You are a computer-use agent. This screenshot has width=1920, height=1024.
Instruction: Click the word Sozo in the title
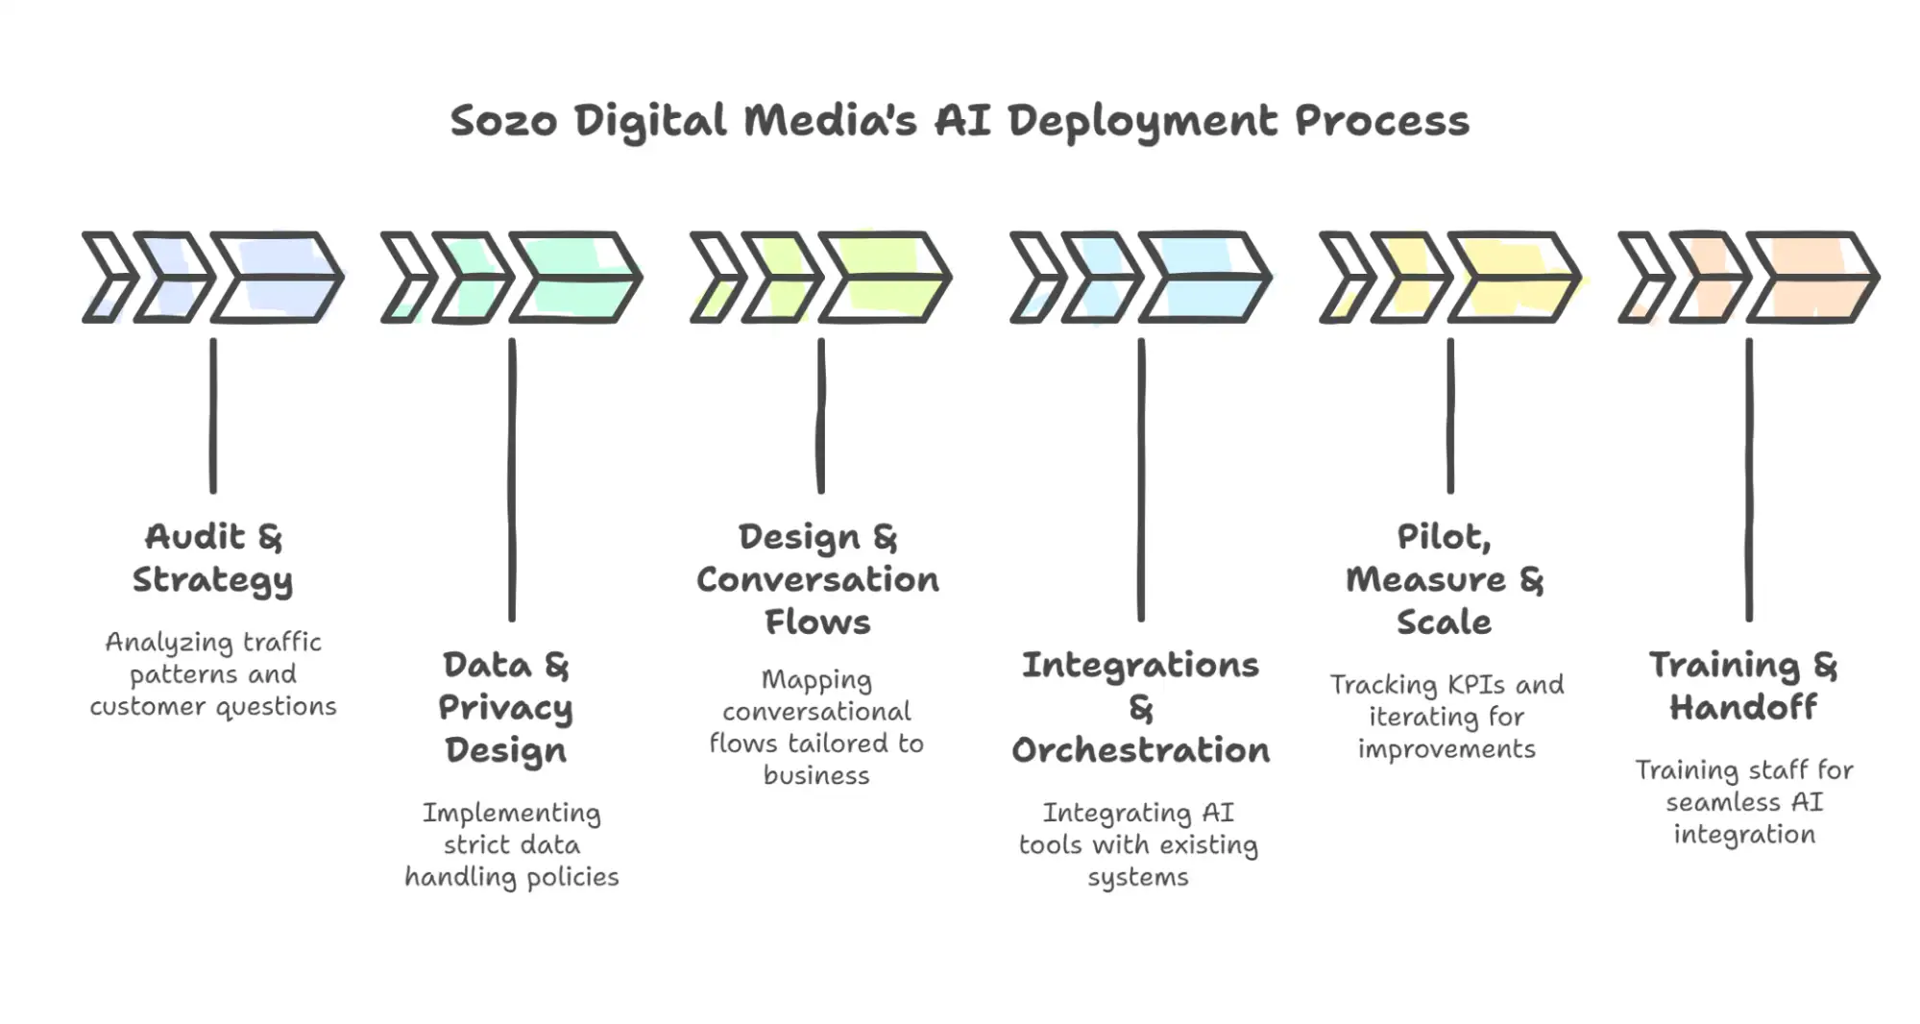(502, 122)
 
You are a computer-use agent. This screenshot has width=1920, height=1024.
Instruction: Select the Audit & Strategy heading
(212, 558)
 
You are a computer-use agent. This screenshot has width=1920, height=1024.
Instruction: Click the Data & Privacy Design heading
(506, 708)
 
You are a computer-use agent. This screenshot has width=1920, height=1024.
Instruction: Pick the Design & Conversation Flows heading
(817, 579)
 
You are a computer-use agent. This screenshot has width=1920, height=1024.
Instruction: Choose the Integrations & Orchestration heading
(1140, 708)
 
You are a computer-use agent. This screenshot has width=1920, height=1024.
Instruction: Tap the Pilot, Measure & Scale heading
(1445, 579)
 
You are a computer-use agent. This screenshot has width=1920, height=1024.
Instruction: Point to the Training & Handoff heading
(1743, 686)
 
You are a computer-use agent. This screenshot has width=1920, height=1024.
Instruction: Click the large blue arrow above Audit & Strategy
(277, 277)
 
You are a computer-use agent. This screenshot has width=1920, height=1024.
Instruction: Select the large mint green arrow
(575, 277)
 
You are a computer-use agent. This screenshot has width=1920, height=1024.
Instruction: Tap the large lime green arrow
(885, 277)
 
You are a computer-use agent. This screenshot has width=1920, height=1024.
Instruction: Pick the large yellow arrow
(1514, 277)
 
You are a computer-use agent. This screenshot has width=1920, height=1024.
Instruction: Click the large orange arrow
(1812, 277)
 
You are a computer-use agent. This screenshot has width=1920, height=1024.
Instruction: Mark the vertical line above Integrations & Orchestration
(1141, 480)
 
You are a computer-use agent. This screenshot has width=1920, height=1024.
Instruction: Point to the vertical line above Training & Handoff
(1749, 480)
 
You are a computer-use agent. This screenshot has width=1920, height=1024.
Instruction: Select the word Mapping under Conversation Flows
(816, 680)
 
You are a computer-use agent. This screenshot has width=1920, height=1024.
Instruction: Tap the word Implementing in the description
(512, 814)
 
